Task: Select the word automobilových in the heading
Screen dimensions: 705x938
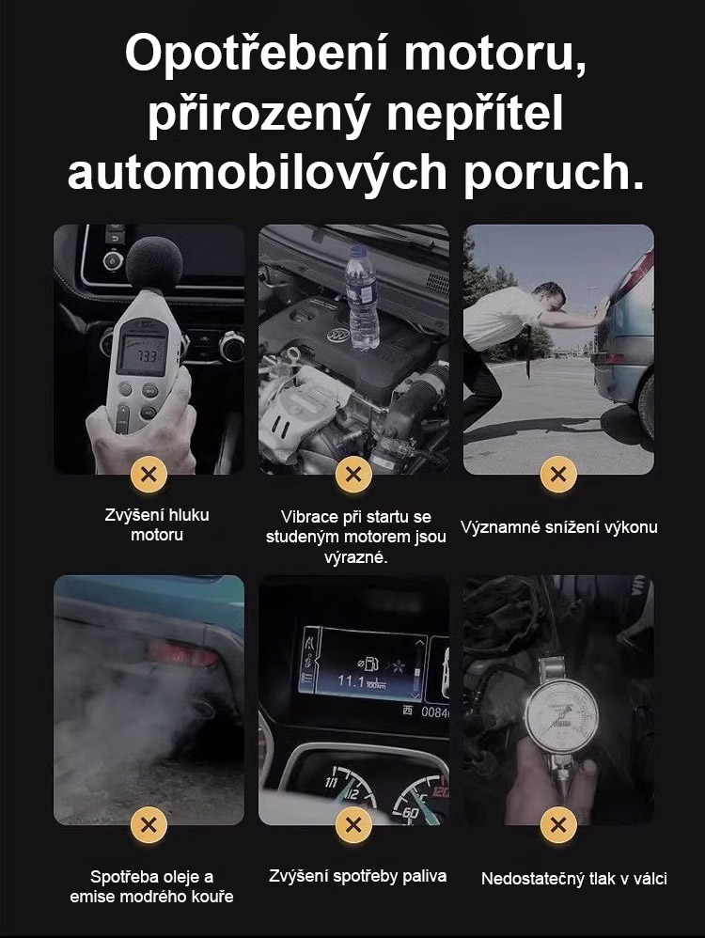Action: click(x=258, y=172)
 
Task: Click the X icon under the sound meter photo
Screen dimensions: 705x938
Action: click(x=149, y=475)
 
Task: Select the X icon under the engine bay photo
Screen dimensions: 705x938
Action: click(x=353, y=475)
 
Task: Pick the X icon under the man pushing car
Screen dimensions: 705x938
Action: click(x=557, y=475)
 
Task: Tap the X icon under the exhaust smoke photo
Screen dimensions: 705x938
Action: click(x=149, y=825)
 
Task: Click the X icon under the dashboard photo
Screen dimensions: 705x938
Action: click(x=353, y=825)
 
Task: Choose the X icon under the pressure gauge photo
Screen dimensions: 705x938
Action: click(x=557, y=825)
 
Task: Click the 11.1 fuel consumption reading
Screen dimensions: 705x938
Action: click(x=351, y=680)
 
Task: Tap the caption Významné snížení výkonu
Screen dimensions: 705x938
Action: click(x=559, y=527)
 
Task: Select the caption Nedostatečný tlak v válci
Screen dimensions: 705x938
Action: click(x=574, y=878)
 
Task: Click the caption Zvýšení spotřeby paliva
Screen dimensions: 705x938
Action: click(x=358, y=876)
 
